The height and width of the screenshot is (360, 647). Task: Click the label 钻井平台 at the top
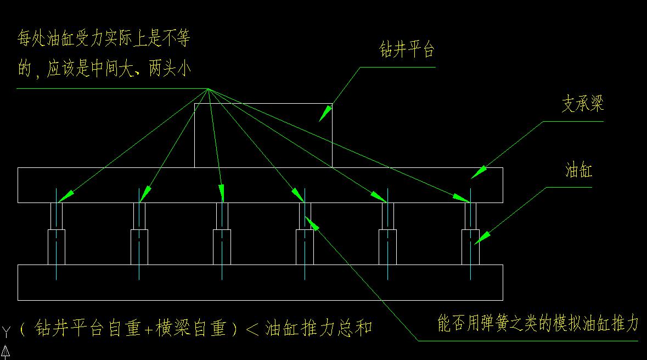click(407, 51)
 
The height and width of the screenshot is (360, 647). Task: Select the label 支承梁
click(582, 104)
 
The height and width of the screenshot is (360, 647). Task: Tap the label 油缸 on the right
click(578, 171)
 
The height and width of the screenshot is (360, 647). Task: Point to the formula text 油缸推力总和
click(318, 328)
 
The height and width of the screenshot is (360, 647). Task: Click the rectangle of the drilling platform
click(263, 135)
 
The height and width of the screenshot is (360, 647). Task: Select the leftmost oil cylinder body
click(57, 247)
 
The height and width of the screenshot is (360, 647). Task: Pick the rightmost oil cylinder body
click(470, 247)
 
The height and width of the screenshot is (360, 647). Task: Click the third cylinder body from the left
click(222, 247)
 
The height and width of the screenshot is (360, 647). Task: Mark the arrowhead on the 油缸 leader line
click(481, 238)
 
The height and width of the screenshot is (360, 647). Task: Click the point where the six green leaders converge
click(208, 89)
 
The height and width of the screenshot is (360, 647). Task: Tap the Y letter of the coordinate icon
click(6, 331)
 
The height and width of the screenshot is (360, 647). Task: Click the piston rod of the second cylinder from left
click(139, 216)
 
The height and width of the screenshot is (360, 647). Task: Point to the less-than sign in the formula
click(252, 329)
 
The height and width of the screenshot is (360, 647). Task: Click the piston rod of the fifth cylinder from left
click(387, 216)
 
